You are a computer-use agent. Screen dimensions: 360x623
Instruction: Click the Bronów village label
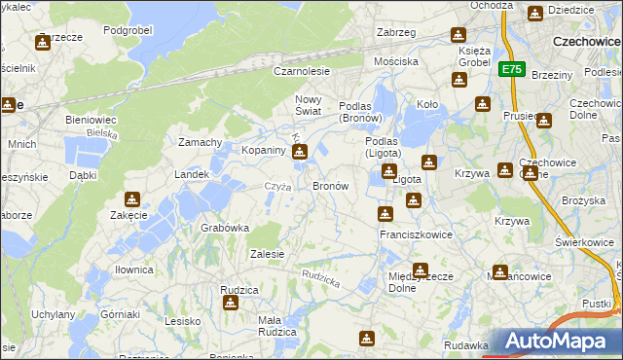pos(330,185)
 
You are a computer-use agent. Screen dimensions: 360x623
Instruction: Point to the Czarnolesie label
pos(302,72)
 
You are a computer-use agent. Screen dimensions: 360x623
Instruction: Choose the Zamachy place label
pos(201,142)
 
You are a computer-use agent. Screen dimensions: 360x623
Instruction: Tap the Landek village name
pos(191,174)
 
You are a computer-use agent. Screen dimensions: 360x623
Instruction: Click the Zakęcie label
pos(128,215)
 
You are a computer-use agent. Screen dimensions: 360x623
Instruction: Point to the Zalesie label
pos(267,254)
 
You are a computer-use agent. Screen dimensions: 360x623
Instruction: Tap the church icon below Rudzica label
pos(231,304)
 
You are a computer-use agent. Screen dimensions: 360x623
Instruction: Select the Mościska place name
pos(396,61)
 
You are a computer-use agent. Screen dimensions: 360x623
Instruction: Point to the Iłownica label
pos(133,270)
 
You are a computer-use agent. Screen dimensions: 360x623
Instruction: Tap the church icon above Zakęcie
pos(128,196)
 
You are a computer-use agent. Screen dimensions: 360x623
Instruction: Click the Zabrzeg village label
pos(395,33)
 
